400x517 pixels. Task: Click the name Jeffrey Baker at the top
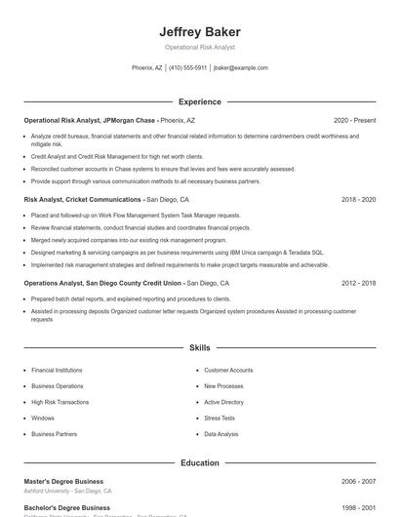click(x=199, y=31)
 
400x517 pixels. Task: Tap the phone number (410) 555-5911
click(x=187, y=68)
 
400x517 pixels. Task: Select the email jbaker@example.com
click(x=240, y=68)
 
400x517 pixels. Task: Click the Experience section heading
click(x=199, y=101)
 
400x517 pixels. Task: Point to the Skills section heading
click(x=199, y=347)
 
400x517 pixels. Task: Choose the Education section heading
click(x=199, y=463)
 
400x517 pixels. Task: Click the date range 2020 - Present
click(x=354, y=120)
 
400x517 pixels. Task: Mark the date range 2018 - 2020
click(x=358, y=199)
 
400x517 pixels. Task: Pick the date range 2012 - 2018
click(x=358, y=283)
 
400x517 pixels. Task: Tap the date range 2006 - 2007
click(x=358, y=482)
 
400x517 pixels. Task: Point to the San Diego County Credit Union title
click(x=126, y=283)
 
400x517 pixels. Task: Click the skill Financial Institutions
click(x=57, y=371)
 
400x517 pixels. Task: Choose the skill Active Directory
click(x=223, y=402)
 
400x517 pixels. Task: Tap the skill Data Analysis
click(x=220, y=434)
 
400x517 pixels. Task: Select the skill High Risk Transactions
click(x=60, y=402)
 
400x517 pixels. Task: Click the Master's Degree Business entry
click(x=63, y=482)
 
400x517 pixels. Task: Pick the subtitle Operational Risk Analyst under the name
click(x=199, y=47)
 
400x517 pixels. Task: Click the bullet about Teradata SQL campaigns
click(x=178, y=252)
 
